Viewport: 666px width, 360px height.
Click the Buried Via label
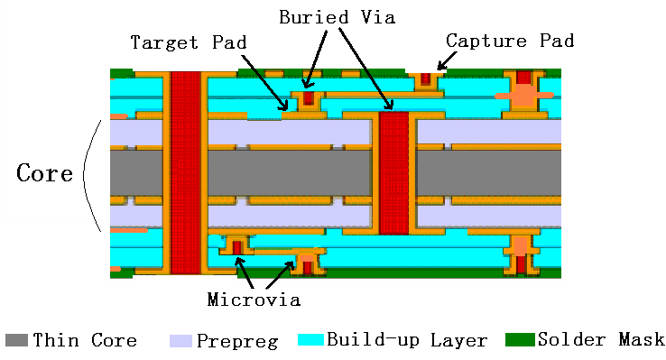pyautogui.click(x=338, y=17)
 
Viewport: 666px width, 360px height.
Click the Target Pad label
pyautogui.click(x=189, y=42)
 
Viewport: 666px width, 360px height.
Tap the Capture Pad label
pyautogui.click(x=510, y=41)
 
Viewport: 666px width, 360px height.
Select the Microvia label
pyautogui.click(x=254, y=300)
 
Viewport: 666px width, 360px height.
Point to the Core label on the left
pyautogui.click(x=44, y=173)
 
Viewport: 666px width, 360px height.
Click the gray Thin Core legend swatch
pyautogui.click(x=16, y=340)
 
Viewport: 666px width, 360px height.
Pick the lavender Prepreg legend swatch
pyautogui.click(x=181, y=341)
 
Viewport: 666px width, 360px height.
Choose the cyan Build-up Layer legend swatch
pyautogui.click(x=310, y=339)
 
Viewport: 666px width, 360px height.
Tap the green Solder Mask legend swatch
pyautogui.click(x=520, y=339)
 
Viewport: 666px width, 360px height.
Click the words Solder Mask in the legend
pyautogui.click(x=601, y=339)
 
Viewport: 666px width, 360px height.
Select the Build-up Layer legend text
pyautogui.click(x=407, y=340)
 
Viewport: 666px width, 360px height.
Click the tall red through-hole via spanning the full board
pyautogui.click(x=186, y=173)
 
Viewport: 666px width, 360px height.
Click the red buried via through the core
pyautogui.click(x=393, y=173)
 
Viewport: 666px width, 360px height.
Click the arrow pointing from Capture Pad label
pyautogui.click(x=447, y=60)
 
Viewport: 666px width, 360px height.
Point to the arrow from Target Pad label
pyautogui.click(x=264, y=82)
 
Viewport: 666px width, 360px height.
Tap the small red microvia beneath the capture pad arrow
pyautogui.click(x=426, y=79)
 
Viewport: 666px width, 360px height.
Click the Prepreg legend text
pyautogui.click(x=237, y=341)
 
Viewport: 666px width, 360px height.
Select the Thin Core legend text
pyautogui.click(x=85, y=340)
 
